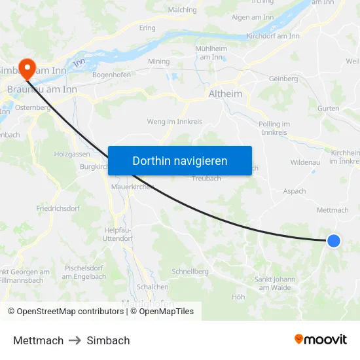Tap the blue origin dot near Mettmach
[x=333, y=241]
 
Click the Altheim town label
[x=225, y=94]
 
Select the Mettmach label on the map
[x=333, y=210]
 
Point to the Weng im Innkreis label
[x=175, y=122]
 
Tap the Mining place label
[x=158, y=62]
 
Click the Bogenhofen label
[x=111, y=75]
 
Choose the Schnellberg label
[x=190, y=271]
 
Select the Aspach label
[x=295, y=191]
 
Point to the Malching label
[x=182, y=10]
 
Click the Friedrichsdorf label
[x=57, y=208]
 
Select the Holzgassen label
[x=72, y=154]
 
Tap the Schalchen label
[x=153, y=287]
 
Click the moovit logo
[x=321, y=340]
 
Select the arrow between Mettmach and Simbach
[x=75, y=340]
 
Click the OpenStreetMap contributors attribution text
[x=66, y=312]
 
